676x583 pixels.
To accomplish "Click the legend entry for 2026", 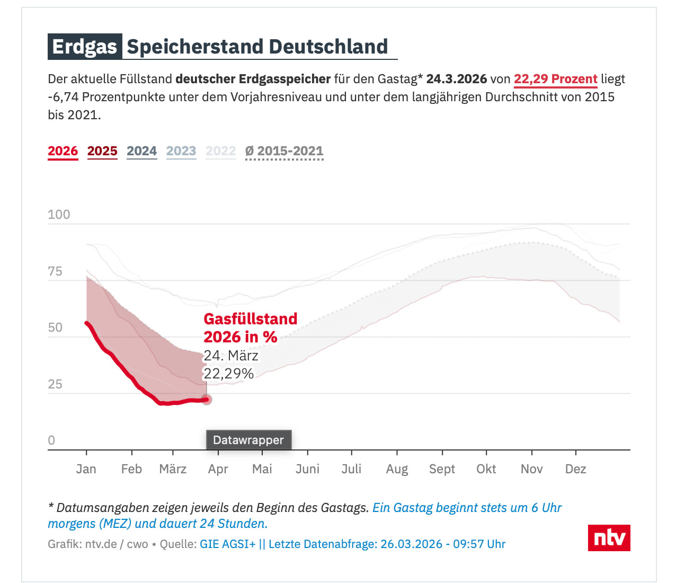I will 63,151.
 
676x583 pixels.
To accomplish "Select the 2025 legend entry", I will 102,151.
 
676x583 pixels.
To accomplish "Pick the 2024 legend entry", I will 141,151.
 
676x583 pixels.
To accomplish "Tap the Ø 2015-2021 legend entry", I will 284,151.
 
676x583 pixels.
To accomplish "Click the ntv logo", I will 609,538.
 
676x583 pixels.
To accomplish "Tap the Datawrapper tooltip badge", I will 248,440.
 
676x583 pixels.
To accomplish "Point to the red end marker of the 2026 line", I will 207,400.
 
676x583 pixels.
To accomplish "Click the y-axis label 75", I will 55,271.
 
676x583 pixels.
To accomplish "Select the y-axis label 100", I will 59,215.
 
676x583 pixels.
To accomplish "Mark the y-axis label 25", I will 55,384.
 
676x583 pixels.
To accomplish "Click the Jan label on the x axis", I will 86,469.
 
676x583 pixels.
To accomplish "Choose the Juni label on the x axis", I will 307,469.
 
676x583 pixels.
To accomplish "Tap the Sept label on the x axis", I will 442,469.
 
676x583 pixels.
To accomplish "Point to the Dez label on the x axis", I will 575,469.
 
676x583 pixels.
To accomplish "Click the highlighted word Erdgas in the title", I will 85,47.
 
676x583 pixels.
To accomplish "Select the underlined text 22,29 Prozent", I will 555,79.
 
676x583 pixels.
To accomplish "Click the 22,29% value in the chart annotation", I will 229,374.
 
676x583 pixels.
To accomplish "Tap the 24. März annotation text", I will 231,355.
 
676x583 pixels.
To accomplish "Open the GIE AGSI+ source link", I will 227,544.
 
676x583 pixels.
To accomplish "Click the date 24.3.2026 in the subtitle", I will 456,79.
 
